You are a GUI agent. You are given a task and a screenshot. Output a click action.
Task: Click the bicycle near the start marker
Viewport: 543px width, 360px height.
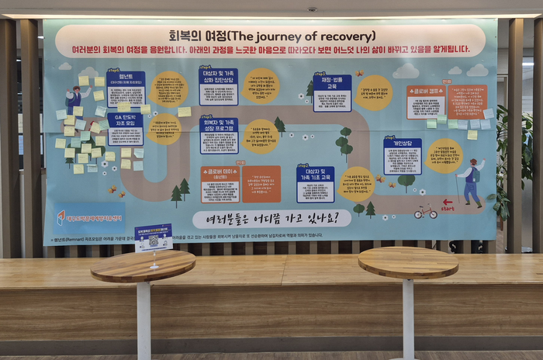click(x=425, y=211)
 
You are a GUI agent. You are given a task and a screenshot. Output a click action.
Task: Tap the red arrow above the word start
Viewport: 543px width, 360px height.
click(x=448, y=202)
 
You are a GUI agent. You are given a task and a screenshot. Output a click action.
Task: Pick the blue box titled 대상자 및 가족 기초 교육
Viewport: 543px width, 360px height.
click(x=315, y=185)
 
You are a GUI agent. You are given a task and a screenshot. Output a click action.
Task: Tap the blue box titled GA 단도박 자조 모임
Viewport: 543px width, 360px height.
click(x=125, y=129)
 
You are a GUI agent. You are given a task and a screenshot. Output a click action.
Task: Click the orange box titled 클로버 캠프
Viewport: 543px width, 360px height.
click(x=426, y=102)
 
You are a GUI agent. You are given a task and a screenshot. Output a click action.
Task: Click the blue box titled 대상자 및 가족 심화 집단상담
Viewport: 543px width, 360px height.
click(x=219, y=85)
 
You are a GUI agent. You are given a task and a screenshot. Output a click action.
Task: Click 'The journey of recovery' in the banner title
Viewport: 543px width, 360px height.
click(x=292, y=36)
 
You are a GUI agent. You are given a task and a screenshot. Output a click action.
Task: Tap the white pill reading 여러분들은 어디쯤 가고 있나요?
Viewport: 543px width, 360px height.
click(x=271, y=220)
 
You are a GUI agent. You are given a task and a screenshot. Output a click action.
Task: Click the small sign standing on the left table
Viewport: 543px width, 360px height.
click(x=154, y=239)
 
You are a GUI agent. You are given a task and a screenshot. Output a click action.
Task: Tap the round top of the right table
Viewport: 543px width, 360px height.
click(x=408, y=261)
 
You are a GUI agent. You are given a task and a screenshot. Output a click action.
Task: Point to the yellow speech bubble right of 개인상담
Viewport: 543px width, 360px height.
click(x=444, y=156)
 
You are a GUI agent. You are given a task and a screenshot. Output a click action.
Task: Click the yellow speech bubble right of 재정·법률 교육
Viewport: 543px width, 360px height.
click(x=374, y=93)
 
